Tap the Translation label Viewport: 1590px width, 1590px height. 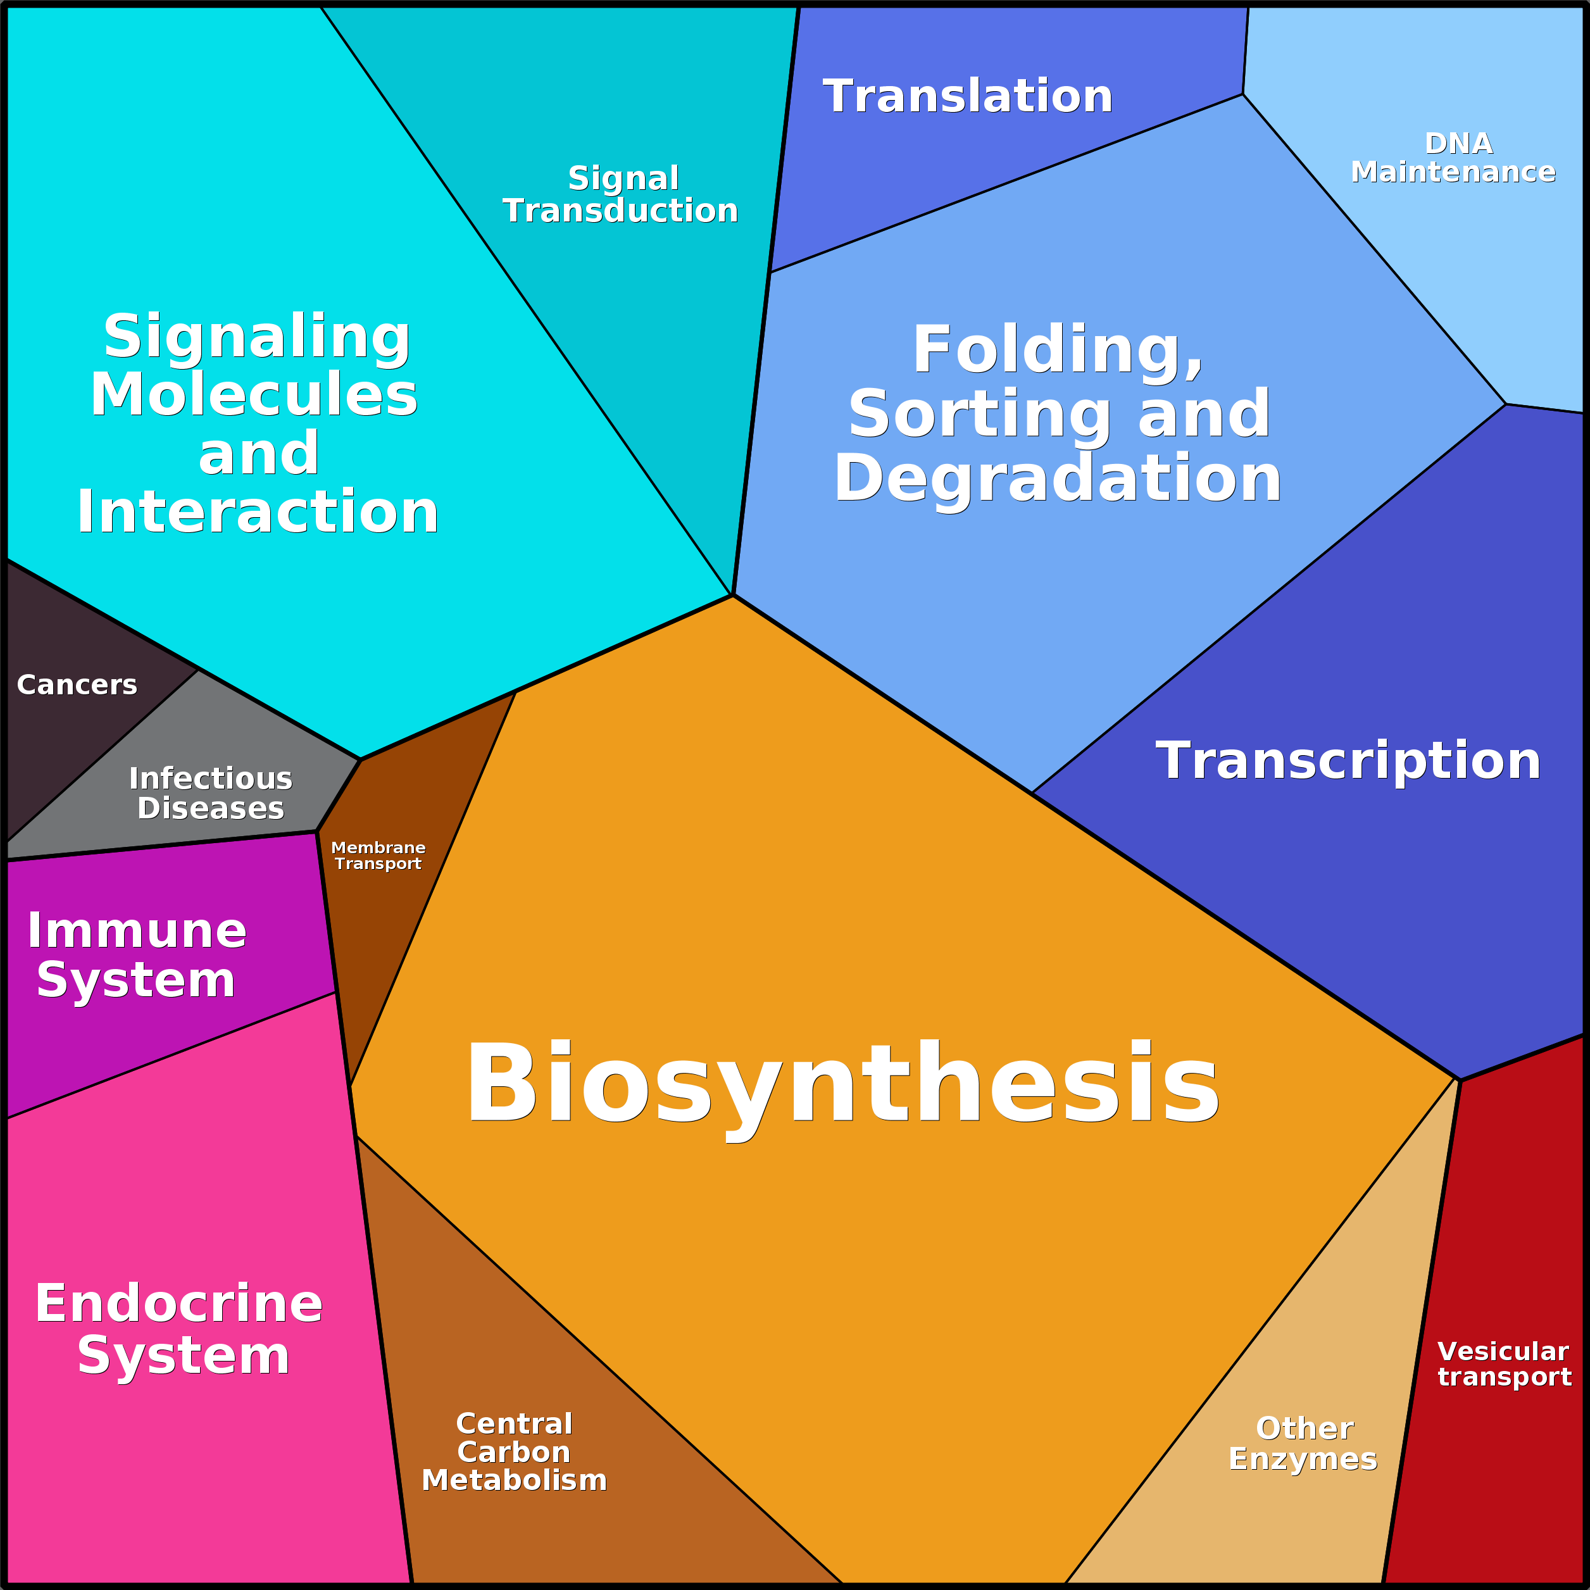pos(967,96)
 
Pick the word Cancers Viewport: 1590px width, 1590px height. pos(77,685)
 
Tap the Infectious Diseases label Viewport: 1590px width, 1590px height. pos(211,793)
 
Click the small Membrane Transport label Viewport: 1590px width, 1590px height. pos(378,855)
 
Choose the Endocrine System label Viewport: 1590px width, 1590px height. pos(179,1329)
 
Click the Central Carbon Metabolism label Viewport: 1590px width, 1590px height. pos(515,1452)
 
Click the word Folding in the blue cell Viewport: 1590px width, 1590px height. pos(1058,350)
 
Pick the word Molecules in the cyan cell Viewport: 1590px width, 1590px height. pos(254,395)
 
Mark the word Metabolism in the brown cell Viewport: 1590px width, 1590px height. pos(515,1480)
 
